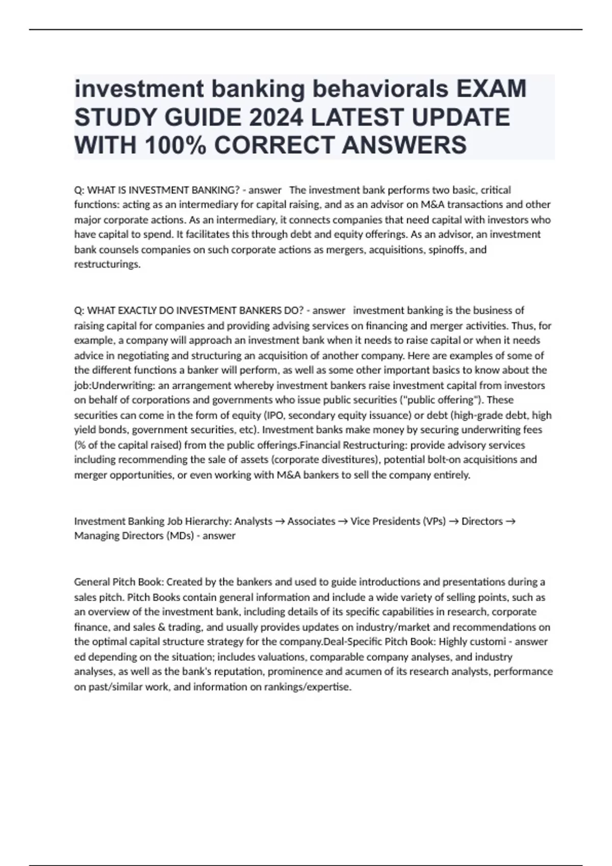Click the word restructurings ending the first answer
[x=107, y=264]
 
